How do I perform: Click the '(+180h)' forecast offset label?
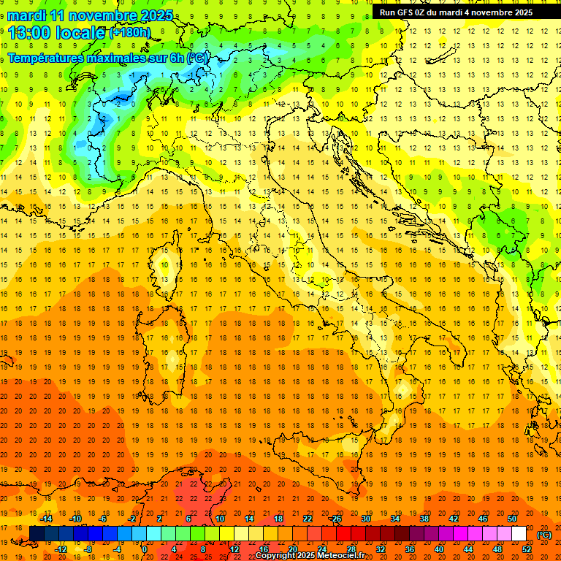coord(130,33)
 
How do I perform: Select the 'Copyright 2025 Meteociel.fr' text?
coord(310,556)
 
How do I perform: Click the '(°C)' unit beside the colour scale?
coord(544,535)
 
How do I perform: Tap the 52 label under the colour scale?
coord(527,549)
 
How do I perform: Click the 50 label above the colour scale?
coord(512,518)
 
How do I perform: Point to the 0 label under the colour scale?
coord(145,549)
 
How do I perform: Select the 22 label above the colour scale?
coord(308,518)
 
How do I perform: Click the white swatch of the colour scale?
coord(519,533)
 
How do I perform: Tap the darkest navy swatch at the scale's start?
coord(37,533)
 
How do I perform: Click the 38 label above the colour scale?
coord(424,518)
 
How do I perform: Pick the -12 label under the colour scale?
coord(61,549)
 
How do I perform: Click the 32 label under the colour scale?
coord(381,549)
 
